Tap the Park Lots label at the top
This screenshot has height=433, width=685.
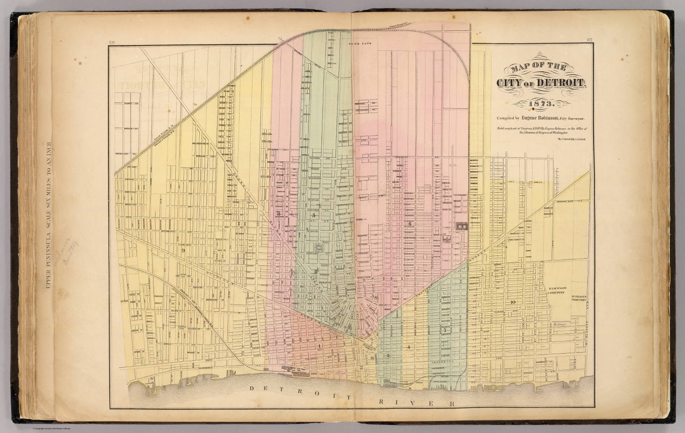click(x=356, y=45)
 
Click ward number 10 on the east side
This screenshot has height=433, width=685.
click(x=513, y=302)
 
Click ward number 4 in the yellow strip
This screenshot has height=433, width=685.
click(x=408, y=346)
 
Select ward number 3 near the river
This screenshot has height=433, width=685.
click(x=388, y=355)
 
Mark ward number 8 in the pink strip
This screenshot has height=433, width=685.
click(x=278, y=213)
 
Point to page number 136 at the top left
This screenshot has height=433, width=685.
click(x=111, y=43)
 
